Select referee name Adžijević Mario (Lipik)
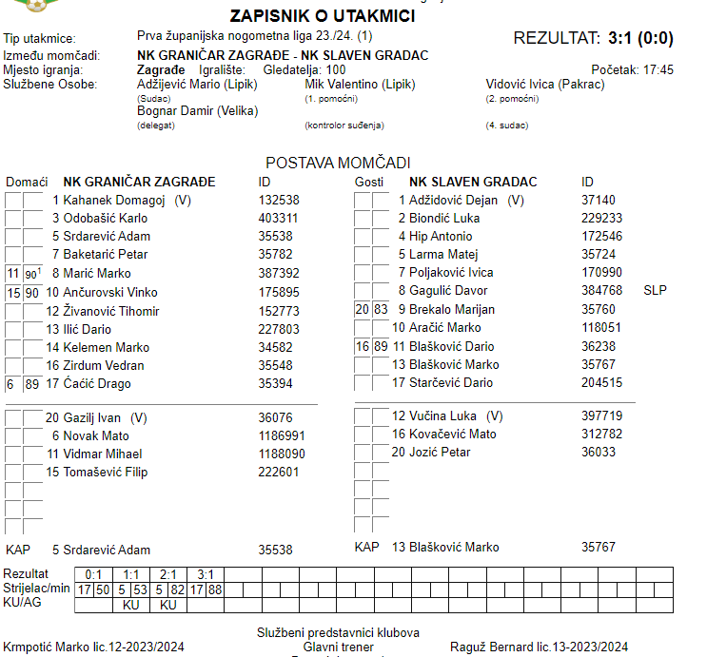(x=196, y=85)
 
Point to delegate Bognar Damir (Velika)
(x=197, y=111)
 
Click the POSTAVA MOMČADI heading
(x=338, y=164)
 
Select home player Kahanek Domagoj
(x=114, y=201)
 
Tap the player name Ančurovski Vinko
(x=110, y=292)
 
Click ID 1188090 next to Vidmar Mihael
(x=282, y=454)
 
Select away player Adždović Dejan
(x=453, y=201)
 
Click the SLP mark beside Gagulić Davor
(x=655, y=290)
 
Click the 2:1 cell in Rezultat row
(x=169, y=574)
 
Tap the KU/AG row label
(x=23, y=603)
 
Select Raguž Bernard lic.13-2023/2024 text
(x=539, y=647)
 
